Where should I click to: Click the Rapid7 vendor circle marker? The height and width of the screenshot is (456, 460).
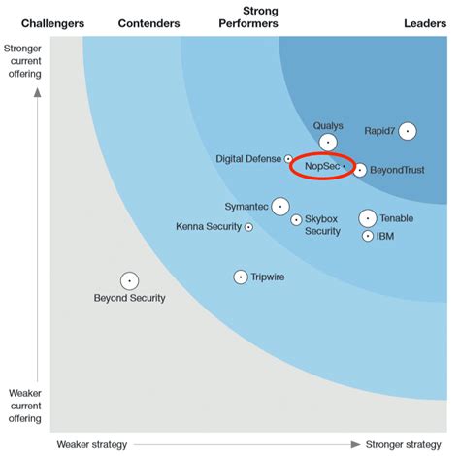coord(408,131)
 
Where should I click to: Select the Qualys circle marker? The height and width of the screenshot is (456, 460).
coord(328,142)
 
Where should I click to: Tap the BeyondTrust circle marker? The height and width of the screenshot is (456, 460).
coord(360,170)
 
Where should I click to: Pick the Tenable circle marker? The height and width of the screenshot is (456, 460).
coord(368,218)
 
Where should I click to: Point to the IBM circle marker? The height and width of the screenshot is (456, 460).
coord(368,236)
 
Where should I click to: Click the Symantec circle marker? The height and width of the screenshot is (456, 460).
coord(280,206)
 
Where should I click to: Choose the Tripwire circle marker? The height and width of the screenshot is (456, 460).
coord(241,277)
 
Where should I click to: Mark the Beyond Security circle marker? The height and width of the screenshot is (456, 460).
coord(129,280)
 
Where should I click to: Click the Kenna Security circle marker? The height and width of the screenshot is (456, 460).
coord(249,227)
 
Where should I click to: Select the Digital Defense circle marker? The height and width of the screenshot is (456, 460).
coord(288,158)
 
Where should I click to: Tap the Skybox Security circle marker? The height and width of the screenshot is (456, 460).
coord(296,219)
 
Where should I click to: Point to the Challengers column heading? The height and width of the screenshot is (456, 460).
coord(52,22)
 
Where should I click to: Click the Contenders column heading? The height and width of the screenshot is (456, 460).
coord(148,22)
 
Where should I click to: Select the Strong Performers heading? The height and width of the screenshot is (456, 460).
coord(248,16)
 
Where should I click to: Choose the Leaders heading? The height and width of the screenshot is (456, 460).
coord(425,22)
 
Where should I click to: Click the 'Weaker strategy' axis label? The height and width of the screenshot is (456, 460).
coord(91,444)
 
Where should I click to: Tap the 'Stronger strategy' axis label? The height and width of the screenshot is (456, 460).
coord(402,444)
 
